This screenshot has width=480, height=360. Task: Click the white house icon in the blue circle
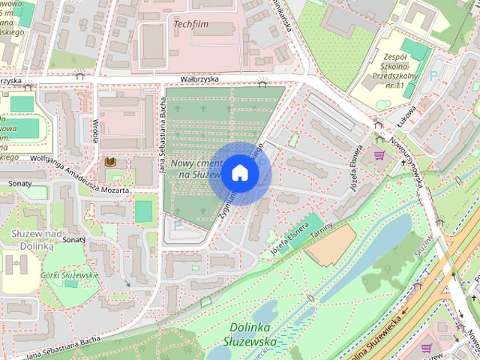point(238,172)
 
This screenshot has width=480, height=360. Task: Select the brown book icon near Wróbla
point(110,163)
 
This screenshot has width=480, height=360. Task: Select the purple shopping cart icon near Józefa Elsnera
point(379,156)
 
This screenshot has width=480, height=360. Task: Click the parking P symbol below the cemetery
point(178,224)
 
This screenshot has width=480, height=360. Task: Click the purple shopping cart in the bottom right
point(426,348)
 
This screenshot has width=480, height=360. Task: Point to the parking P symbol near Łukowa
point(433,76)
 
